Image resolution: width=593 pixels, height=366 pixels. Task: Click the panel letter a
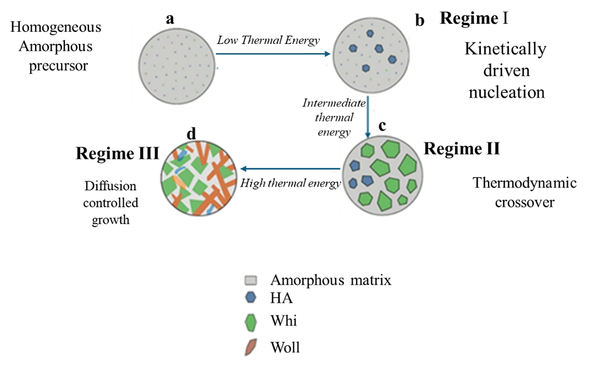pos(170,19)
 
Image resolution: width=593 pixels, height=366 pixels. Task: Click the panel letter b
pos(420,21)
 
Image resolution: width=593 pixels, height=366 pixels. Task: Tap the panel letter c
pos(382,126)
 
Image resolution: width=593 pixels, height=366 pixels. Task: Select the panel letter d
pos(191,134)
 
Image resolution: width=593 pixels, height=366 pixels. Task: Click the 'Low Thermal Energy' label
pos(268,40)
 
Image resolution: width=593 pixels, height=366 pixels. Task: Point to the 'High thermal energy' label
pos(291,183)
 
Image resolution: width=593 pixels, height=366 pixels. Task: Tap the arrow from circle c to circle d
pos(292,169)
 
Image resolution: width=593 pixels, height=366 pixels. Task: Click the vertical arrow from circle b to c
pos(367,116)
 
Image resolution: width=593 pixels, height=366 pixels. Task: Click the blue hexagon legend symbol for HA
pos(250,298)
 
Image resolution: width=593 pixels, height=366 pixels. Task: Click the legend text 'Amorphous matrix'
pos(331,280)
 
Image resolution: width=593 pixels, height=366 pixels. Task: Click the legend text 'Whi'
pos(284,321)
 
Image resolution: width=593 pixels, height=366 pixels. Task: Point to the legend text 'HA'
pos(281,298)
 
